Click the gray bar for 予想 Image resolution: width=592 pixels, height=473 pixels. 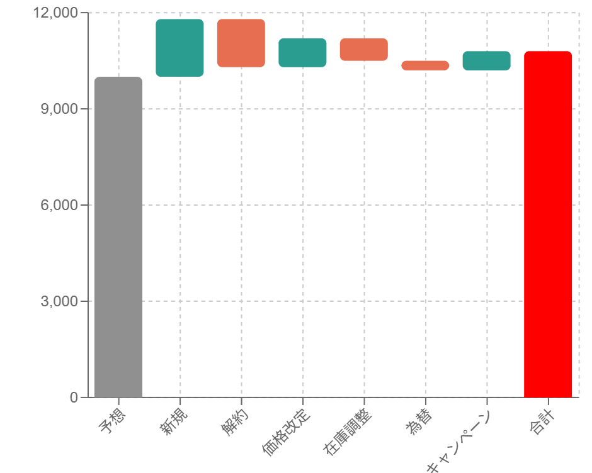coord(118,237)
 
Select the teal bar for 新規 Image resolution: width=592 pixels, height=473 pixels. coord(179,48)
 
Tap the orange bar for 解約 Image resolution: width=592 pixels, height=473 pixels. coord(241,43)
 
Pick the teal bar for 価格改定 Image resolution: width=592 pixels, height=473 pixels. coord(302,52)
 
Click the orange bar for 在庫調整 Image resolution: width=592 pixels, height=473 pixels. coord(363,49)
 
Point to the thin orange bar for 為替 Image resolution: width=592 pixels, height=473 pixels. coord(425,65)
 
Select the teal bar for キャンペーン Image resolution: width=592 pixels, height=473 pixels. coord(486,60)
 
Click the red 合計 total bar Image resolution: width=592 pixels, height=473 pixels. coord(548,224)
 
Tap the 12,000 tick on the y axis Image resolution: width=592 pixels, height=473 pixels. coord(59,13)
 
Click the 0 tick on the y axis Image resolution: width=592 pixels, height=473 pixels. coord(74,398)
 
